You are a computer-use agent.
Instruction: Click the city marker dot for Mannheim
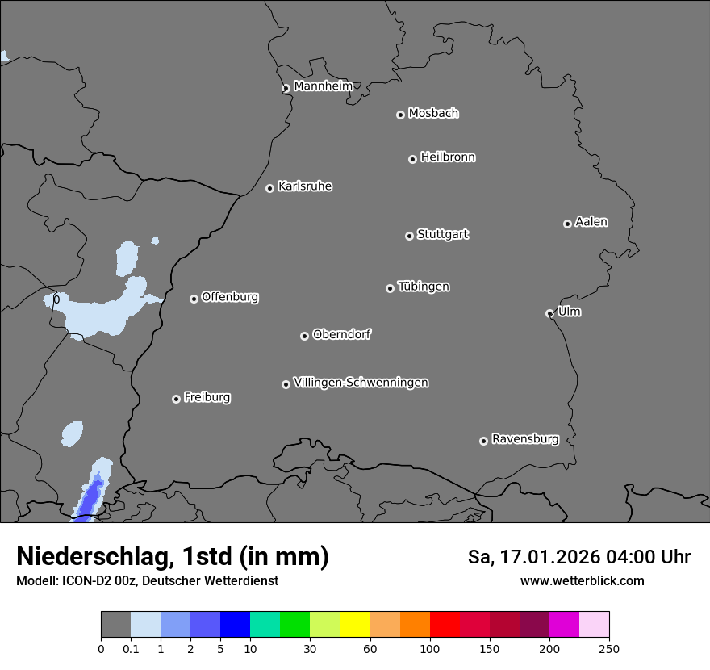point(286,89)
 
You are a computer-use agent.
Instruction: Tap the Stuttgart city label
point(442,234)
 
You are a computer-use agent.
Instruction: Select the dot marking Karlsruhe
point(269,188)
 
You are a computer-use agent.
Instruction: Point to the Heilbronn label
point(448,157)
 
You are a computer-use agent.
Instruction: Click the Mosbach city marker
point(400,115)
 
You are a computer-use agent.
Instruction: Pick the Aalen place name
point(591,221)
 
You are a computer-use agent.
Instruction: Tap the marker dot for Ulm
point(549,313)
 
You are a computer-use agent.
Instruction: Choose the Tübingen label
point(424,287)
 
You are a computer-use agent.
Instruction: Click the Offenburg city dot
point(194,299)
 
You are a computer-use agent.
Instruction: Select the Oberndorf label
point(342,334)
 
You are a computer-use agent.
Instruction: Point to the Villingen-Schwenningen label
point(361,382)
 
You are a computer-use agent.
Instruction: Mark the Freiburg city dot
point(176,399)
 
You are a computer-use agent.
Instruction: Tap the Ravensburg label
point(525,439)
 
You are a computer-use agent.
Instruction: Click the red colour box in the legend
point(445,625)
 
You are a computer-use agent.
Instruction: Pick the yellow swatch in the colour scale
point(355,625)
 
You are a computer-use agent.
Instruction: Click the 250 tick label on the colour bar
point(609,648)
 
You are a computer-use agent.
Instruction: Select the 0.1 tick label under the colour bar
point(131,648)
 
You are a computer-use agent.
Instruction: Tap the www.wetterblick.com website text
point(583,580)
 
